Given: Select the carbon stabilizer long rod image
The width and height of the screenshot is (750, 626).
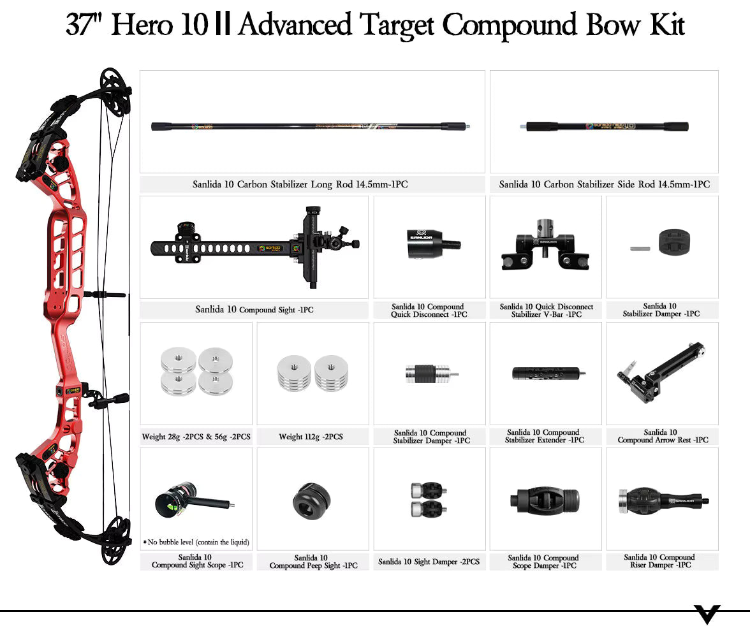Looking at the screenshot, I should tap(312, 126).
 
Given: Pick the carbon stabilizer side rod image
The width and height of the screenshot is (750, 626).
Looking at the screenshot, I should tap(604, 126).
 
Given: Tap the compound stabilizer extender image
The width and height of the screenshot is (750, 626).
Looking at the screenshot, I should tap(545, 374).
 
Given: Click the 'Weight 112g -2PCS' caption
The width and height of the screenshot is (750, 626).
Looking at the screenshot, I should tap(311, 437).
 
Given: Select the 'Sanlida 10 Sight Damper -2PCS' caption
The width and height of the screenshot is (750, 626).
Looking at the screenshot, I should tap(429, 562).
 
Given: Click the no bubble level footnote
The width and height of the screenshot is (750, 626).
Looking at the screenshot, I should tap(196, 542).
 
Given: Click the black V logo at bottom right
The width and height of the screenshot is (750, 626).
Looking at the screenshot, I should tap(707, 614).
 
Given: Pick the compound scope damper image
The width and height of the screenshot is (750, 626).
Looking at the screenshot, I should tap(545, 500).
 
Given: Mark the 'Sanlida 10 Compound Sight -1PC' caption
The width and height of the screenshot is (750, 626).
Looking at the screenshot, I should tap(254, 310).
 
